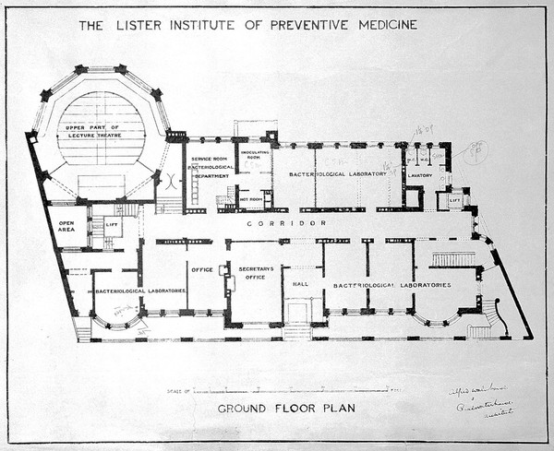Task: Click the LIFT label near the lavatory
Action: pyautogui.click(x=454, y=199)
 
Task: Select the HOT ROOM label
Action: pyautogui.click(x=250, y=197)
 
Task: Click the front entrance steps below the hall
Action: pyautogui.click(x=297, y=330)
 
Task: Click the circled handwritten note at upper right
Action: pyautogui.click(x=476, y=151)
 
